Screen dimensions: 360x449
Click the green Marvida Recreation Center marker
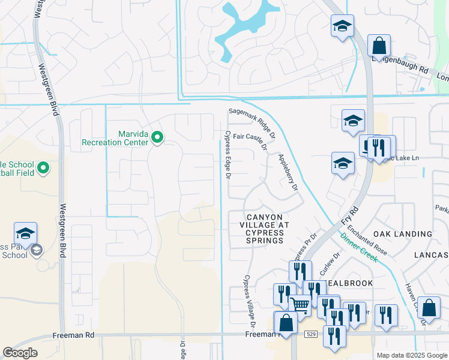[x=157, y=138]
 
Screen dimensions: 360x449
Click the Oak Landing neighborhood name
[x=402, y=234]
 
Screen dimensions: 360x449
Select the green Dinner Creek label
[x=359, y=247]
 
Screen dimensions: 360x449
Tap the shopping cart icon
[x=300, y=304]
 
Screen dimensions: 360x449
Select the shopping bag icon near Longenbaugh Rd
[x=379, y=45]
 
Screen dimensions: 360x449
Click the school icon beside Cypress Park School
[x=26, y=233]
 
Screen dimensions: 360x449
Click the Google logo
[x=20, y=352]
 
